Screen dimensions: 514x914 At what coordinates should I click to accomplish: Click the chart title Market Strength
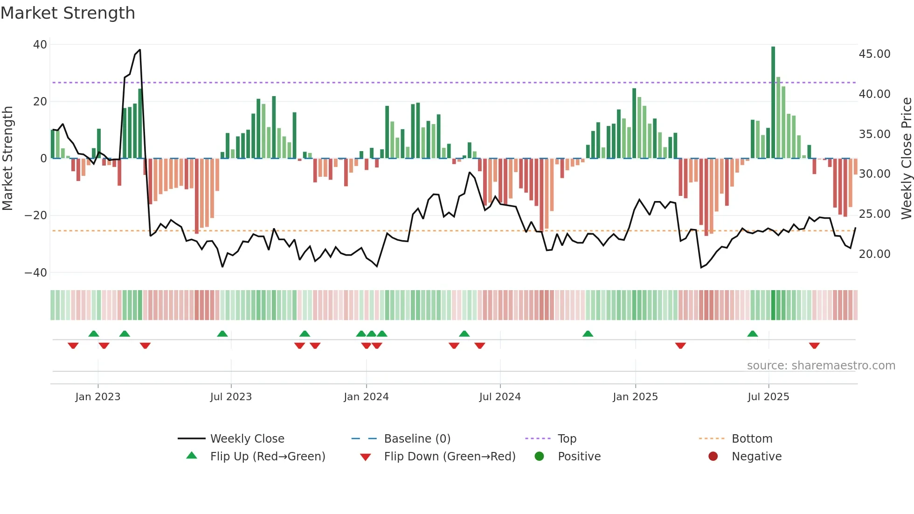tap(68, 13)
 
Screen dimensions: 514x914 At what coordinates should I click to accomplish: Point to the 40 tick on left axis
tap(40, 45)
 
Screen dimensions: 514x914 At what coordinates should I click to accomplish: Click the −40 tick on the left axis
tap(36, 272)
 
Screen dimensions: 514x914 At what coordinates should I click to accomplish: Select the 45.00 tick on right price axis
tap(874, 54)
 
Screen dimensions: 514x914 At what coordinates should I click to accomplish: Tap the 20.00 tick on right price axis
tap(874, 254)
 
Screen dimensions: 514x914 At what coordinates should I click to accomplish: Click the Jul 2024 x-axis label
tap(500, 397)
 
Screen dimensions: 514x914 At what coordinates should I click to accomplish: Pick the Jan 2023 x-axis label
tap(98, 397)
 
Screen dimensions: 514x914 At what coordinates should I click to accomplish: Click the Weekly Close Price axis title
tap(906, 159)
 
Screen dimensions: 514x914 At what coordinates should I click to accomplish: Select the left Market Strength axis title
tap(7, 159)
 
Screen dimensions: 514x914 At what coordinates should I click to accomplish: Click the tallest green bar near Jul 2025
tap(773, 103)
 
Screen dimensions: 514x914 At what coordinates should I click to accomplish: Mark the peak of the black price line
tap(140, 50)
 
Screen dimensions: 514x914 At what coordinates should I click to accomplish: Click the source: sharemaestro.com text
tap(821, 366)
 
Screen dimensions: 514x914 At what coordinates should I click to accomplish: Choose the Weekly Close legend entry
tap(247, 439)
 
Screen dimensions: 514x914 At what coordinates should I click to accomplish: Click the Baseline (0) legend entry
tap(417, 439)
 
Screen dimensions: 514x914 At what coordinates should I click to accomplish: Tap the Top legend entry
tap(567, 439)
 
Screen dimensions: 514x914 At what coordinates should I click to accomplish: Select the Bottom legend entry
tap(752, 439)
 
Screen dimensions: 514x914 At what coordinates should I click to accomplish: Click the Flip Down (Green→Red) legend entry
tap(450, 457)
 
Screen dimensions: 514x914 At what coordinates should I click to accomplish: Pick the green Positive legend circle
tap(540, 457)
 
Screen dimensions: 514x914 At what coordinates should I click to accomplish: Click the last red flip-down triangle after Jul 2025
tap(814, 346)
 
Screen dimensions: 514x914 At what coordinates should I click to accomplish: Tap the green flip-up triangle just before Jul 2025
tap(753, 333)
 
